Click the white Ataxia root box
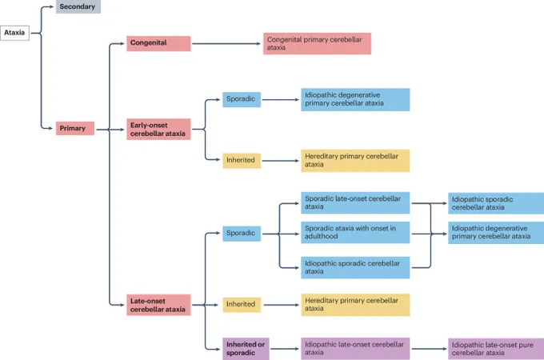[14, 33]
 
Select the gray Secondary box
[78, 6]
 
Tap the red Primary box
[75, 128]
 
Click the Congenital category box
[158, 43]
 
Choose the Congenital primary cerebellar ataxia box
[317, 44]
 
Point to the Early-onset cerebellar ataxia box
[158, 130]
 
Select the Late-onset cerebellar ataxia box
[158, 305]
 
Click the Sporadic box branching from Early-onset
[242, 99]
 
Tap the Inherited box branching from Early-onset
[242, 161]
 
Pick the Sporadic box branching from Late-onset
[242, 234]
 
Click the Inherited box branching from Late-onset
[242, 305]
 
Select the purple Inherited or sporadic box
[246, 349]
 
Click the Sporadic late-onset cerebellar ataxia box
[355, 203]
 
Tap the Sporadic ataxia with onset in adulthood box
[355, 232]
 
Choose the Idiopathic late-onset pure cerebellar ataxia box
[496, 349]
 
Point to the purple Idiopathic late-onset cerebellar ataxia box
[355, 349]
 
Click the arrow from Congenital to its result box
[226, 44]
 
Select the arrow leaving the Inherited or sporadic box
[285, 349]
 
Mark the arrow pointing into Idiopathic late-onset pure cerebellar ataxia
[429, 349]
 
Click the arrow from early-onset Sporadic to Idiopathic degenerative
[280, 100]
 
